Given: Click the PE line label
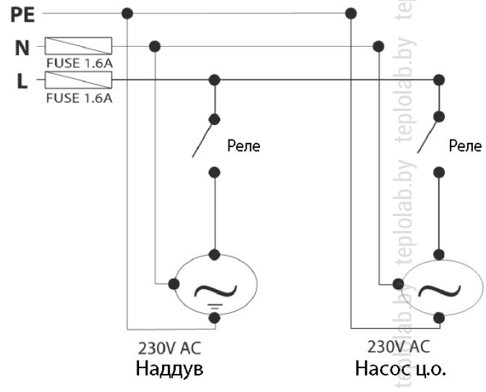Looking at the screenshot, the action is [x=22, y=15].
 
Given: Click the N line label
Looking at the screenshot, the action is [x=22, y=48].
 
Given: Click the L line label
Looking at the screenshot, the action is [x=22, y=81].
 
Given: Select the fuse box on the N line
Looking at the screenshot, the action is [x=78, y=46].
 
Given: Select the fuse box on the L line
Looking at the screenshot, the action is [x=78, y=80].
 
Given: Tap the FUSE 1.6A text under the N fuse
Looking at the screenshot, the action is [x=79, y=63].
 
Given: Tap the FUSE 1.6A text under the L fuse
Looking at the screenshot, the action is [x=79, y=98].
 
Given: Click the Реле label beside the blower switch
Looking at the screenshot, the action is [x=243, y=145].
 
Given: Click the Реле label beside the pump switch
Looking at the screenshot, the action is [x=465, y=145].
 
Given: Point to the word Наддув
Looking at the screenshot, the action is [x=169, y=369].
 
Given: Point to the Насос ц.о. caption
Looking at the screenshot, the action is [x=400, y=369].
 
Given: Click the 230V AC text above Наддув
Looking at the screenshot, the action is [x=169, y=348].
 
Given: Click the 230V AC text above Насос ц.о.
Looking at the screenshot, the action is [x=399, y=347].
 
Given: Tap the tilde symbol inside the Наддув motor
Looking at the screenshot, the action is [x=215, y=291].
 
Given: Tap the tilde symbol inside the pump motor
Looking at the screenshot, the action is [x=439, y=290].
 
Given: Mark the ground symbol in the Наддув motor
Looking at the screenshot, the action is [x=215, y=307].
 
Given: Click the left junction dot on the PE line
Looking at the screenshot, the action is [x=127, y=14].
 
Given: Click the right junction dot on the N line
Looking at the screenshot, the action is [x=378, y=47].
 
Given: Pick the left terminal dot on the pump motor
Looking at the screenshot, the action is [x=398, y=284].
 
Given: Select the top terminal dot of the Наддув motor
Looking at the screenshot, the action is [x=215, y=255].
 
